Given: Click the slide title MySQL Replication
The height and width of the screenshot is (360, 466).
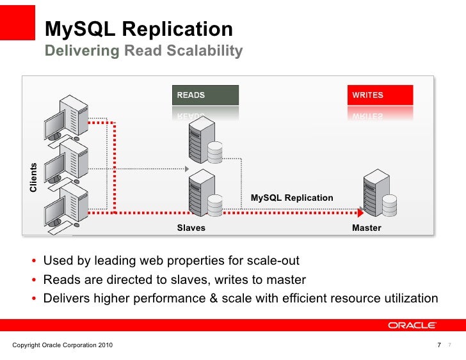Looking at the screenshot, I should coord(138,29).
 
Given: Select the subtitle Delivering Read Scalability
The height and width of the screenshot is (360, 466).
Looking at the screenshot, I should coord(143,51).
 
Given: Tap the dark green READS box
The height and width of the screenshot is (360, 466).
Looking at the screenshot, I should coord(205,95).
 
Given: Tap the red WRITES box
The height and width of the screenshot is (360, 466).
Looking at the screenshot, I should coord(380,95).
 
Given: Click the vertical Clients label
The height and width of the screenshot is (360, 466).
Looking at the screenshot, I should coord(33,178).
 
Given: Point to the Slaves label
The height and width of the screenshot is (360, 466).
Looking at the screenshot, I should coord(191,228).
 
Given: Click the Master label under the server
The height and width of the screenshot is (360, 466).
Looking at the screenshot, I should coord(366,228).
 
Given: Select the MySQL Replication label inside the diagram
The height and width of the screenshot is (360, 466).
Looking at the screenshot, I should coord(291,198).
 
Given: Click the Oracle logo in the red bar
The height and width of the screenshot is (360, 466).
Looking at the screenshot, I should coord(413,325).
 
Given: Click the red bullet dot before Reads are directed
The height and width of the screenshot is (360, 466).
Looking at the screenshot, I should coord(33,280).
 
